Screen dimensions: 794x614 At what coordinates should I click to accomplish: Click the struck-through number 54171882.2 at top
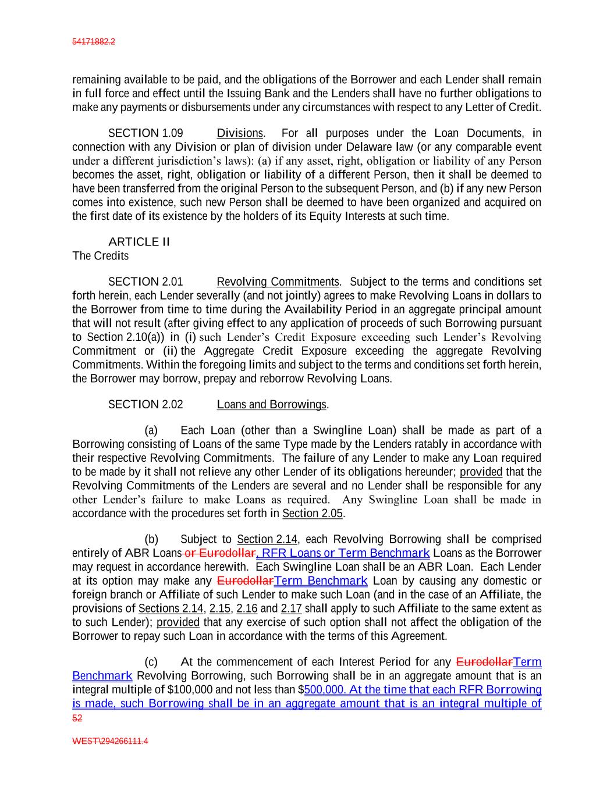click(93, 42)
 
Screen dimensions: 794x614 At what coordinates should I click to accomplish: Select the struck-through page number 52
click(77, 718)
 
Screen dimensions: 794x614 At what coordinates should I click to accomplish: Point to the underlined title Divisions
click(240, 133)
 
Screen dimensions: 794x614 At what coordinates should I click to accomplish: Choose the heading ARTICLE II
click(139, 242)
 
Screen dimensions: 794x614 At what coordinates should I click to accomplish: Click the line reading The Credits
click(100, 256)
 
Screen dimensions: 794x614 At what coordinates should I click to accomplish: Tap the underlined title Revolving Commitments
click(278, 282)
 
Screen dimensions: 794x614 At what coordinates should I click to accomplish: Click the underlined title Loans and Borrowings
click(271, 404)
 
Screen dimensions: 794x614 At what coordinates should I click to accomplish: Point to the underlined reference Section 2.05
click(313, 514)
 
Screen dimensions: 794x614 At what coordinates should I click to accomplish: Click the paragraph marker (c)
click(151, 662)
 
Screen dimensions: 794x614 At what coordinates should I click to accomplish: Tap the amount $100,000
click(190, 690)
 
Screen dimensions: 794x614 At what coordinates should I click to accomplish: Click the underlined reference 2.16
click(247, 608)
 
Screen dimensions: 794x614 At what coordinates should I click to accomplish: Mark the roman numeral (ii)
click(170, 351)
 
